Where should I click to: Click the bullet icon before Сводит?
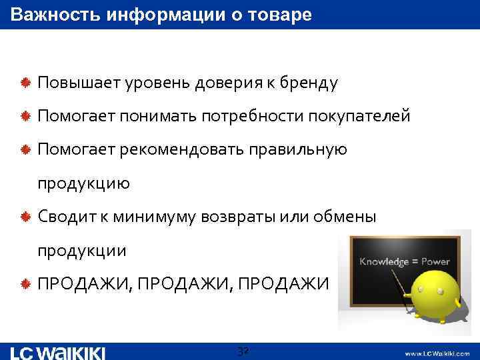tap(25, 217)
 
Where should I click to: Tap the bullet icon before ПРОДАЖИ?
tap(25, 284)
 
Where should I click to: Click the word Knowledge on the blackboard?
tap(384, 262)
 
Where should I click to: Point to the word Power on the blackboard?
tap(436, 262)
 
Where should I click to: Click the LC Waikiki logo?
tap(57, 353)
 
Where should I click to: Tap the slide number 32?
tap(243, 351)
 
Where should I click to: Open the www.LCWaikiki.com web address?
tap(437, 353)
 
